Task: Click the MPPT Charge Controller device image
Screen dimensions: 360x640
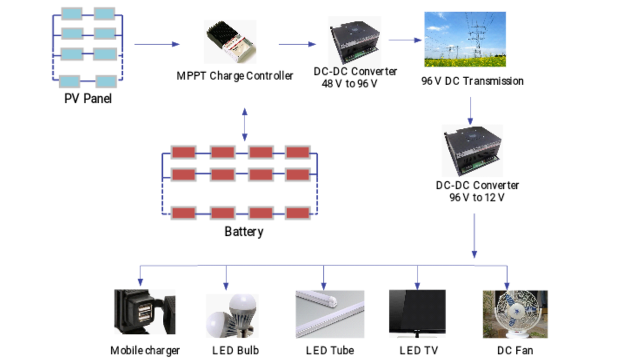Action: [231, 42]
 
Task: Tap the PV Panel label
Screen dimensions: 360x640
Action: [88, 98]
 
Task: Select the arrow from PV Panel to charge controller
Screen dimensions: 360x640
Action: [156, 44]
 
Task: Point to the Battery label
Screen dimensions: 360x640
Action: [244, 232]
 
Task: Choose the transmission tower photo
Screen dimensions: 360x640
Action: [465, 39]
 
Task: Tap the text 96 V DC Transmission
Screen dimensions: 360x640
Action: [472, 81]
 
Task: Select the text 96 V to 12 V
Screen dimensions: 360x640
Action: [477, 198]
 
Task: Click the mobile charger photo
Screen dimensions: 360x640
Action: [145, 312]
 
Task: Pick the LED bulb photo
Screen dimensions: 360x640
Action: [231, 315]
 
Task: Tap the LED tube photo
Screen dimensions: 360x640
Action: [330, 314]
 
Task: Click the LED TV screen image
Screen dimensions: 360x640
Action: [417, 313]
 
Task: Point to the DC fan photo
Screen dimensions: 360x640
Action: [514, 314]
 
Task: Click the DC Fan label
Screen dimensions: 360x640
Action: [514, 350]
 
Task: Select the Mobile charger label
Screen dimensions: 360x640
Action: [145, 350]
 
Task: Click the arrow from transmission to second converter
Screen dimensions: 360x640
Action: [470, 111]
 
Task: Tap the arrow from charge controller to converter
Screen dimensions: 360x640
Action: [297, 44]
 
